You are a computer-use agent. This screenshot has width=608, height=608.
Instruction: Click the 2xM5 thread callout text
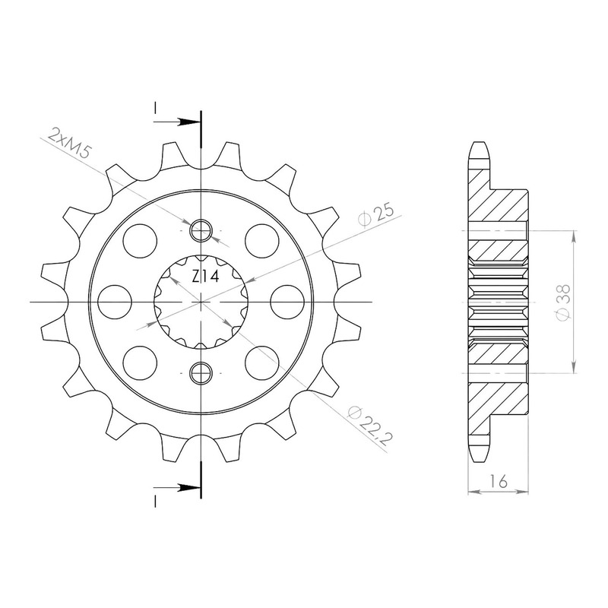(68, 144)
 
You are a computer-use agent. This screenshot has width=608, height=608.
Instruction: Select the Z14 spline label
(205, 277)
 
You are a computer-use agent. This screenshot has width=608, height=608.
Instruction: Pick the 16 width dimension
(498, 482)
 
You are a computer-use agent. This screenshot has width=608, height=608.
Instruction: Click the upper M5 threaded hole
(201, 230)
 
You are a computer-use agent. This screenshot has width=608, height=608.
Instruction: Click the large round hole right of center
(287, 302)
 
